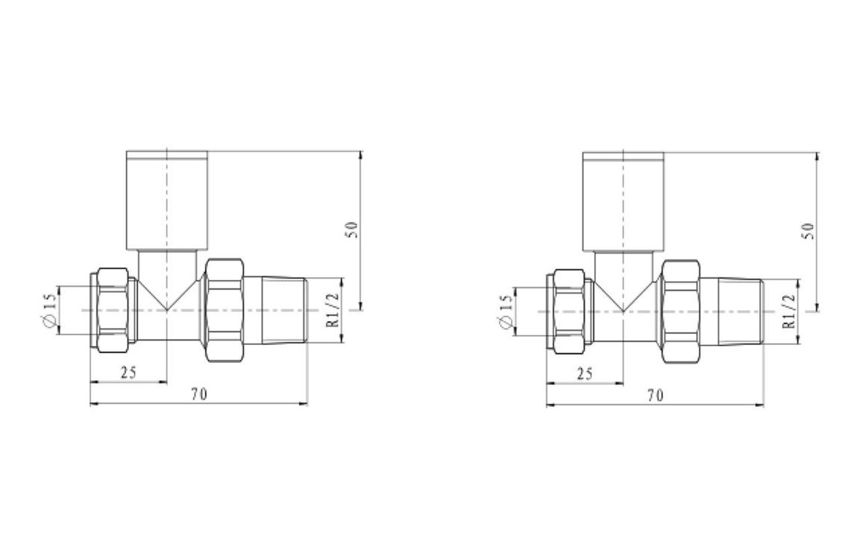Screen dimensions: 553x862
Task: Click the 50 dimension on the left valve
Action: point(353,229)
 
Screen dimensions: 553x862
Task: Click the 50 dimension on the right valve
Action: point(811,230)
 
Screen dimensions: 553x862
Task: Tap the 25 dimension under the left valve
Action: point(128,373)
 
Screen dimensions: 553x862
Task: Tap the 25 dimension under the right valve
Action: point(585,373)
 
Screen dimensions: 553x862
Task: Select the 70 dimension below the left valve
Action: point(198,395)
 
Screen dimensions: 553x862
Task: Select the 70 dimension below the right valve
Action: point(655,396)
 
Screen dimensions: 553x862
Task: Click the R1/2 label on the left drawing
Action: point(333,310)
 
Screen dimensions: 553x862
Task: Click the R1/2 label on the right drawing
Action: point(790,312)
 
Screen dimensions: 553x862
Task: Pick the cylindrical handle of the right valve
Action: point(623,201)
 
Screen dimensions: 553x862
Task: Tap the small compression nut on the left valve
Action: point(113,309)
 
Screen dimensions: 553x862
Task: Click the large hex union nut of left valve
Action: point(224,309)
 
